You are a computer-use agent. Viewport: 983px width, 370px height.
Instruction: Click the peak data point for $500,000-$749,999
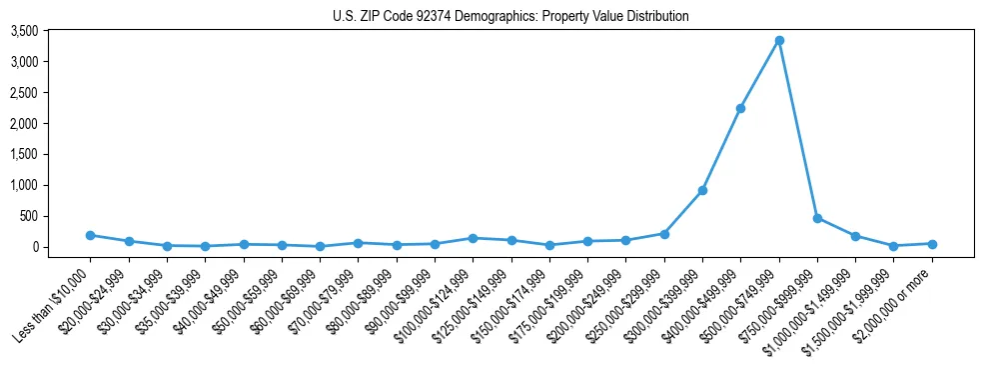click(x=779, y=41)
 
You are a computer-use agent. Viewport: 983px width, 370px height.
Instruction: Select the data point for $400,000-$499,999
click(x=740, y=108)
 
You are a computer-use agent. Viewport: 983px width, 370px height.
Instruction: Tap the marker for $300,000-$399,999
click(x=702, y=190)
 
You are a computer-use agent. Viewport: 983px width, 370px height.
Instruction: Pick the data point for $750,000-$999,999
click(x=817, y=218)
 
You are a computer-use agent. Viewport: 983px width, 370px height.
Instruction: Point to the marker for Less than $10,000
click(x=91, y=235)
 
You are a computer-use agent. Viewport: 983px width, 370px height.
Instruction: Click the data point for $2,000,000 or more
click(x=932, y=244)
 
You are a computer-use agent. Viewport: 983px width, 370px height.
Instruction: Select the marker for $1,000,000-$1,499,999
click(x=855, y=236)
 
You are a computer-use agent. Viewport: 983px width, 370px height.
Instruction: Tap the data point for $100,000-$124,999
click(x=473, y=238)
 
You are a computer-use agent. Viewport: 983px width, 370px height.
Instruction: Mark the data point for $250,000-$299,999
click(x=664, y=234)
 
